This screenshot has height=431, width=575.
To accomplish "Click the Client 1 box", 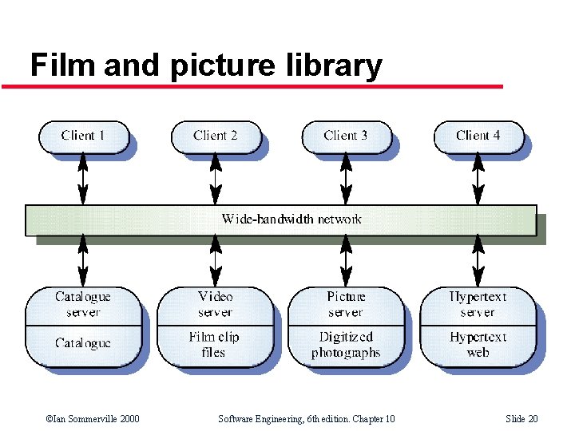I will (x=83, y=136).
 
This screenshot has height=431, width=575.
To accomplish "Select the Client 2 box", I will (x=215, y=136).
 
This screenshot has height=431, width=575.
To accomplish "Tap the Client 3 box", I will (x=346, y=136).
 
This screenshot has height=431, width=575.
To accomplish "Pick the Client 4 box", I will (x=478, y=136).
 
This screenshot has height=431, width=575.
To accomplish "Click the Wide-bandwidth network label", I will (x=291, y=219).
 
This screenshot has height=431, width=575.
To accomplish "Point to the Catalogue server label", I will (x=83, y=304).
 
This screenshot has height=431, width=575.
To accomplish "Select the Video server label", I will (x=215, y=304).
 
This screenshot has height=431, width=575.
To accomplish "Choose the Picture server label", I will (x=346, y=304).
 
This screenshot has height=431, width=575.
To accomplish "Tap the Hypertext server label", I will (x=478, y=304).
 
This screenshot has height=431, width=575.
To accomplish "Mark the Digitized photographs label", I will (x=346, y=345).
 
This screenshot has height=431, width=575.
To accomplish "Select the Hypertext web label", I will (x=478, y=345).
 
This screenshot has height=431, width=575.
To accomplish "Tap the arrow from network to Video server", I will (x=215, y=260).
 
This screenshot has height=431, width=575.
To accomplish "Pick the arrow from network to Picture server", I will (x=346, y=260).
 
